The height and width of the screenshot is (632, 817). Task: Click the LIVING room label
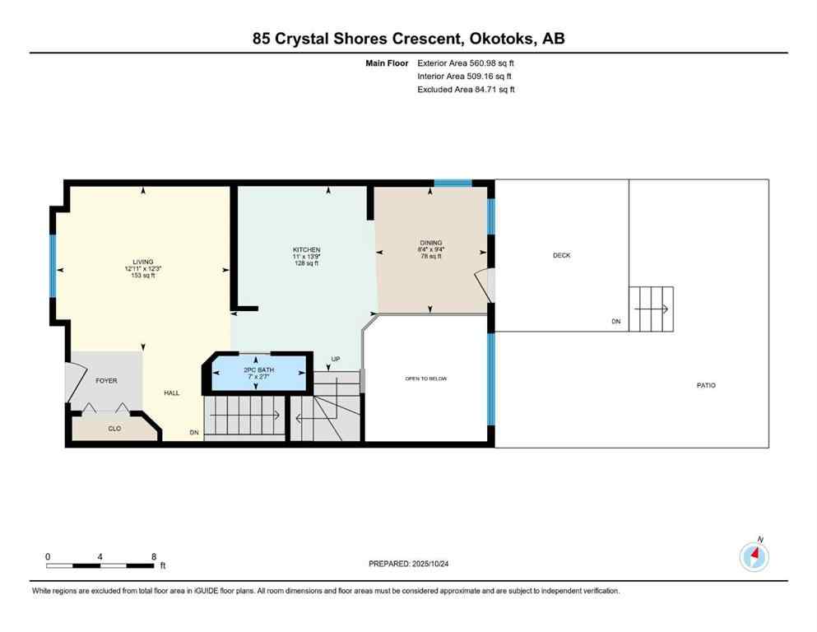[x=142, y=262]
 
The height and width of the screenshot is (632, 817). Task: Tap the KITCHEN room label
[x=306, y=250]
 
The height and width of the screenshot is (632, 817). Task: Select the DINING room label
[x=430, y=243]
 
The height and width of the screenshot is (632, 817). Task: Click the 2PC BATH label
[x=258, y=370]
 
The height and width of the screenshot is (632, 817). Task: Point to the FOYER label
[x=106, y=381]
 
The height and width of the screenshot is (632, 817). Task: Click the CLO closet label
[x=114, y=429]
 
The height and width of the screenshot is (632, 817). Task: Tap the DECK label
[x=561, y=256]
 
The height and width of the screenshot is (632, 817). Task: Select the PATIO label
[x=706, y=385]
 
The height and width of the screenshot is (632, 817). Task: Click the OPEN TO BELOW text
[x=425, y=379]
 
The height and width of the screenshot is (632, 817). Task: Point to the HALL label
[x=171, y=393]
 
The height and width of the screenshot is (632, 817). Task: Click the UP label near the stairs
[x=335, y=360]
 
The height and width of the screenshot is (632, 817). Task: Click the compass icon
[x=754, y=557]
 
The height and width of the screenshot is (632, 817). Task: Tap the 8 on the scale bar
[x=154, y=556]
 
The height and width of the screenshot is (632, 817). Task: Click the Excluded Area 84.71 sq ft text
[x=466, y=90]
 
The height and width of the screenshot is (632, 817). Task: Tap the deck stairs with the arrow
[x=651, y=309]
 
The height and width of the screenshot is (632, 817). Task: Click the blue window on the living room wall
[x=52, y=265]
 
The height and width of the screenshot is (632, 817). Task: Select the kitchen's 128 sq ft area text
[x=306, y=265]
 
